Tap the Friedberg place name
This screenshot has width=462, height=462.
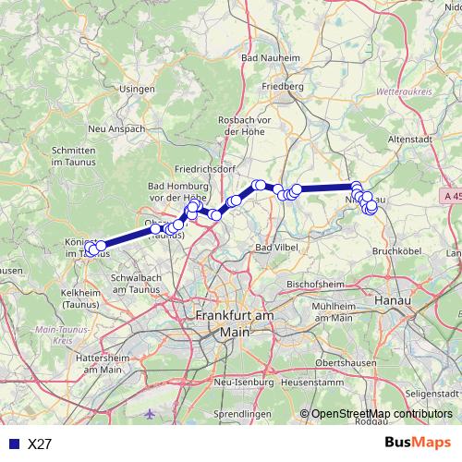(x=283, y=87)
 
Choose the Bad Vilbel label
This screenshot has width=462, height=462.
(x=276, y=249)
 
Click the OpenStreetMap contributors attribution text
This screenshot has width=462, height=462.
(x=382, y=414)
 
